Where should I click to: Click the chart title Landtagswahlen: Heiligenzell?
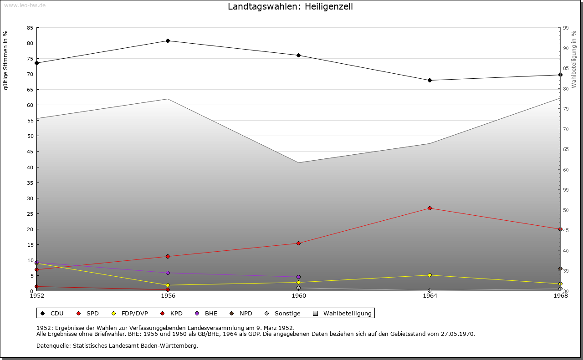point(290,7)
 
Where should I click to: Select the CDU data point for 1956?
point(168,41)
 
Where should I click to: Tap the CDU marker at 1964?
point(430,81)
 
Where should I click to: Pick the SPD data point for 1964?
point(430,208)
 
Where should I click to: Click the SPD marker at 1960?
point(299,243)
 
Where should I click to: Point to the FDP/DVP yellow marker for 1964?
point(430,275)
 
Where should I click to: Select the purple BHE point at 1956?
point(168,273)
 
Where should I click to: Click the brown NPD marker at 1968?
point(560,269)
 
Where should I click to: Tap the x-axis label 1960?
point(299,296)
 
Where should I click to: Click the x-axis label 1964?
point(430,296)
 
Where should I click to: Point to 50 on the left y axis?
point(30,136)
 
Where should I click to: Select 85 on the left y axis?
point(30,28)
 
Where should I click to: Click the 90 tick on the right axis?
point(566,48)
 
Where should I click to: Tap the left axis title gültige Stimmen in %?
point(6,60)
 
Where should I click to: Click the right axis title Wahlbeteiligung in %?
point(574,60)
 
